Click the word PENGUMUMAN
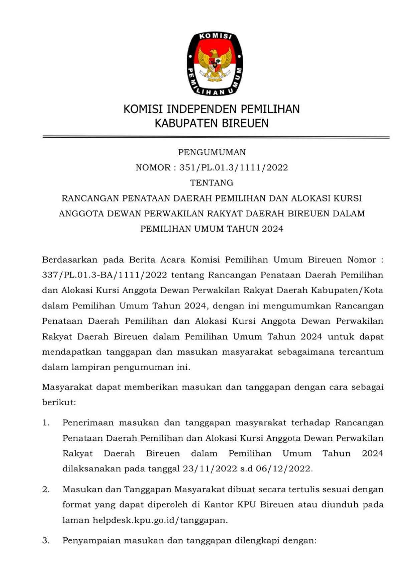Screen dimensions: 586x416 pos(212,152)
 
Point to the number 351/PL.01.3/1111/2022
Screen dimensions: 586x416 pos(233,168)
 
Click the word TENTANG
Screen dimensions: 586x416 pos(212,183)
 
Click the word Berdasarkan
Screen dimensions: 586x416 pos(70,259)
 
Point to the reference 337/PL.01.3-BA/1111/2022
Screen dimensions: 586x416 pos(105,275)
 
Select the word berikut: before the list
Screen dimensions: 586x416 pos(59,402)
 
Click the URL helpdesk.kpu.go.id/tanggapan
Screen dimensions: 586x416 pos(160,520)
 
